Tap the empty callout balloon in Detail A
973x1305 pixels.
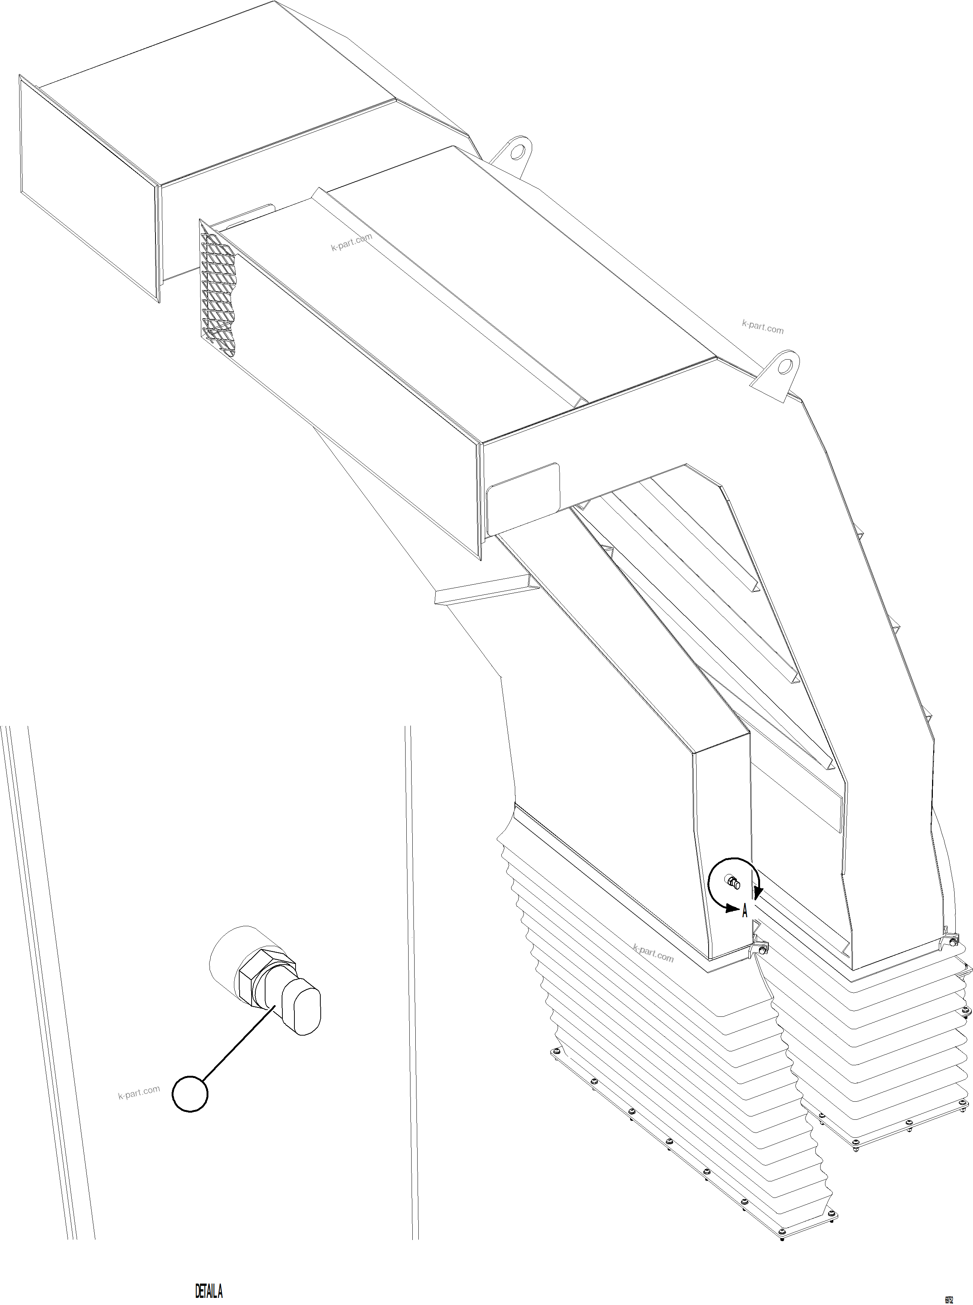(x=190, y=1093)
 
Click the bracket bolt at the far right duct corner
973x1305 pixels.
(x=952, y=943)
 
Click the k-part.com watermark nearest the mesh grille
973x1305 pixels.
(x=351, y=242)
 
